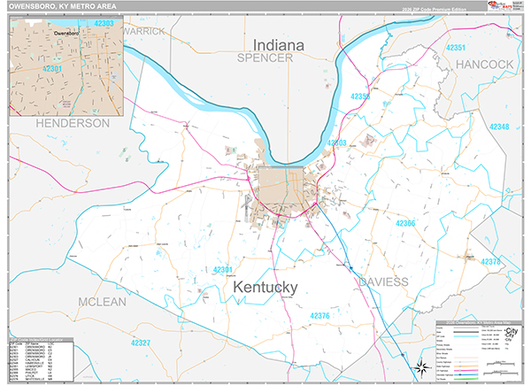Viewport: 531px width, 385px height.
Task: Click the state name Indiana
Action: click(279, 43)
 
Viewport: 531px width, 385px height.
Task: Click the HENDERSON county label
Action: click(73, 123)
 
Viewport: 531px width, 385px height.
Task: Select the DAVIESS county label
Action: click(383, 281)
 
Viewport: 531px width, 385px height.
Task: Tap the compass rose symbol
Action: click(420, 367)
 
